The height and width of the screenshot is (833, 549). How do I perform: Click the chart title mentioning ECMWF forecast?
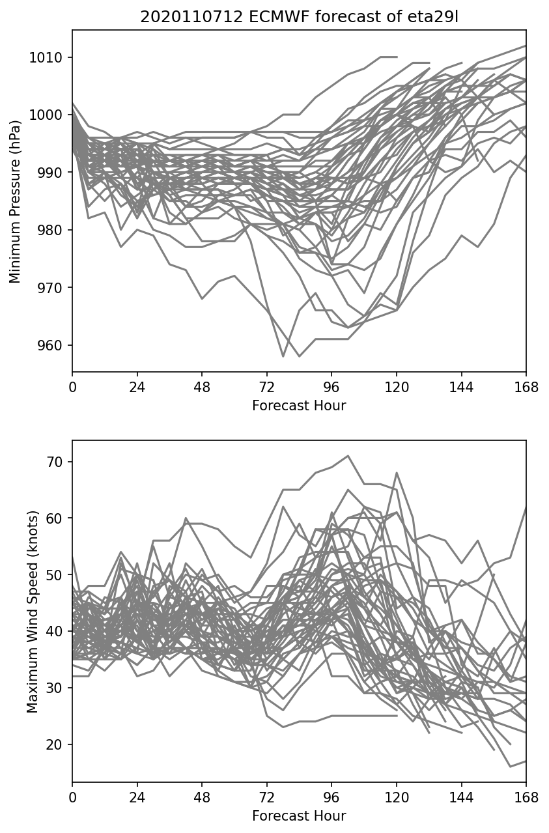[x=299, y=17]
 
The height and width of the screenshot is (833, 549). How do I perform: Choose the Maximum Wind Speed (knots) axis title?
[x=32, y=611]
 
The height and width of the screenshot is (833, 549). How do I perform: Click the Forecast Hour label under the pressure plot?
[x=299, y=406]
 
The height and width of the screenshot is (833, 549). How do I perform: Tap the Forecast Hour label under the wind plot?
[x=299, y=816]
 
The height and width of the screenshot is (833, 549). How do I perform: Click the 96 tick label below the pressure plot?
[x=331, y=388]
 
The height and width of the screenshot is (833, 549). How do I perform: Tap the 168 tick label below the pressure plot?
[x=526, y=388]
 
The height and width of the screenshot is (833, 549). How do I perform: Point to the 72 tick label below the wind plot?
[x=267, y=798]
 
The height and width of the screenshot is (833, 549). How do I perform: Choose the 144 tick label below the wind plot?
[x=461, y=798]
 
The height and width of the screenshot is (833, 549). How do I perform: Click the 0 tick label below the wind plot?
[x=72, y=798]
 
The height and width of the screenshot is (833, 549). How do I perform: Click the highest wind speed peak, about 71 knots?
[x=348, y=456]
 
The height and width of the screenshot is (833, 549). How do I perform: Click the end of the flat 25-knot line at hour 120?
[x=397, y=716]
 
